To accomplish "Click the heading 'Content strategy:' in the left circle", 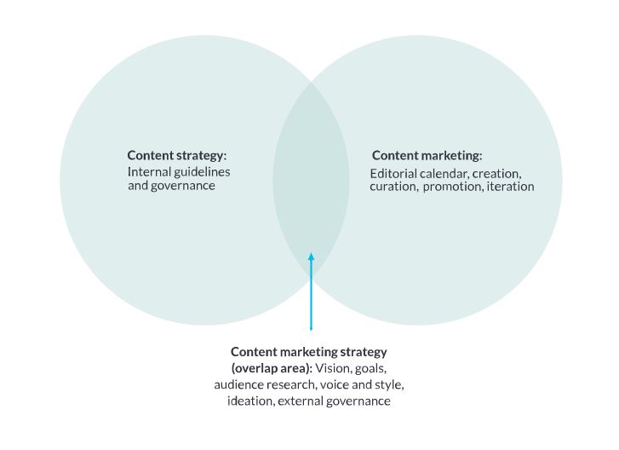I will tap(177, 155).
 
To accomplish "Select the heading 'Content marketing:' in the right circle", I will tap(427, 155).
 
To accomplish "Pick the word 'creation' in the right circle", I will tap(497, 173).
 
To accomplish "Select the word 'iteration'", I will tap(511, 186).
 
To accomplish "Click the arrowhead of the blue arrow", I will tap(311, 257).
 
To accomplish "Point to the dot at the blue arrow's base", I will tap(311, 328).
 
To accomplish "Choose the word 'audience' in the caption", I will tap(239, 384).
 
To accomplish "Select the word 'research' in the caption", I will tap(291, 384).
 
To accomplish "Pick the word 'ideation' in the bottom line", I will tap(250, 401).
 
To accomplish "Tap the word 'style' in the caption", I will tap(387, 384).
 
